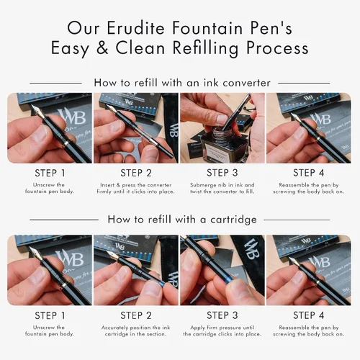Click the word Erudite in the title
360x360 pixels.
(135, 28)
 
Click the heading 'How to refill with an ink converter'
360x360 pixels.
(182, 83)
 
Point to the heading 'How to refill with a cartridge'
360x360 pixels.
(182, 220)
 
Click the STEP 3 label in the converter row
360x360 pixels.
(222, 173)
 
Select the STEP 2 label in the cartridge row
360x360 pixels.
(136, 315)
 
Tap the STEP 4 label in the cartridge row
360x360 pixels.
(309, 315)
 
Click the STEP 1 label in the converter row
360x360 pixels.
(50, 173)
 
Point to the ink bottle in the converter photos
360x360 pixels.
(218, 144)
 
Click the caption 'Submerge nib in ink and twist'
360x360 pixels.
(222, 188)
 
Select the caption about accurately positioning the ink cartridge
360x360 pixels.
(136, 330)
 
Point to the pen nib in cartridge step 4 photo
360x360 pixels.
(294, 262)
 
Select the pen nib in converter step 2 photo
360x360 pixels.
(112, 109)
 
